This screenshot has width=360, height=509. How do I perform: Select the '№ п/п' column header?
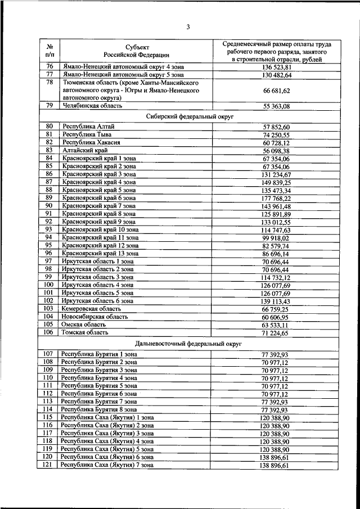point(49,50)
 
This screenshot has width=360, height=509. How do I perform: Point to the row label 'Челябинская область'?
point(92,105)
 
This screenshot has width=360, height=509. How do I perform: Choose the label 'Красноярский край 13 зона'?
point(101,253)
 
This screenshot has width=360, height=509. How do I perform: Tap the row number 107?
point(48,354)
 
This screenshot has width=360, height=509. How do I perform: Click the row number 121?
point(48,465)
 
